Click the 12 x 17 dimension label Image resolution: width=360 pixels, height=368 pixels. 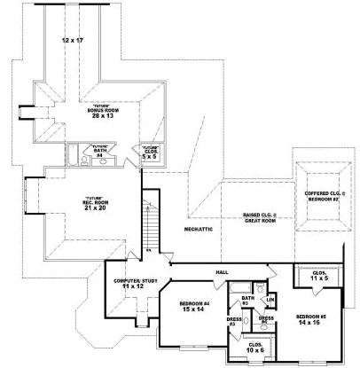(x=72, y=41)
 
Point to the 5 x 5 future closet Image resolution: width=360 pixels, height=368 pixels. (x=149, y=151)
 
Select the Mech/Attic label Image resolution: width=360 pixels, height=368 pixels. (x=197, y=229)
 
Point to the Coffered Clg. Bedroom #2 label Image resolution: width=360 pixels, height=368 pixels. (x=323, y=196)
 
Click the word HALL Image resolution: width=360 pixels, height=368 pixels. (x=222, y=272)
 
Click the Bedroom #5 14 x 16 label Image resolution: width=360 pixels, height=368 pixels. (x=311, y=319)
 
